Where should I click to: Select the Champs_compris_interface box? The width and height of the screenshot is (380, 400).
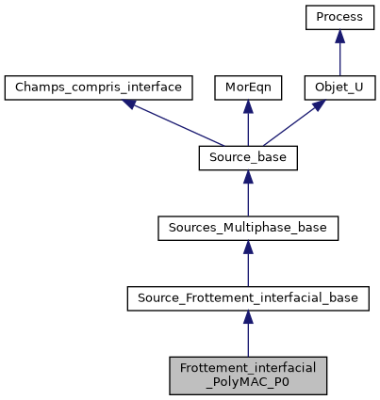click(99, 88)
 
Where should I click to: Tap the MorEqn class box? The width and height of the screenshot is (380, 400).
click(247, 88)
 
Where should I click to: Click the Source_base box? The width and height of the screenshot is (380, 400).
click(247, 159)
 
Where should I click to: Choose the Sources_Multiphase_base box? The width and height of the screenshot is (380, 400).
click(247, 229)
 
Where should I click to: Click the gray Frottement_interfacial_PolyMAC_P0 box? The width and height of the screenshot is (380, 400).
click(247, 376)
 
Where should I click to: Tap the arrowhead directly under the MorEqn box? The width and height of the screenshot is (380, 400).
click(247, 107)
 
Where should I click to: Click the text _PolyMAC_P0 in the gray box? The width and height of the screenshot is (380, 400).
click(247, 383)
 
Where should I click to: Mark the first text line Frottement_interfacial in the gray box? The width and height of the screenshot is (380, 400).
click(247, 368)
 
